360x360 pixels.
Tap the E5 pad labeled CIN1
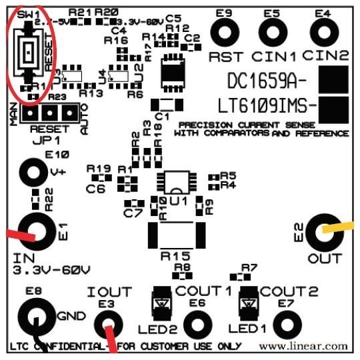point(271,31)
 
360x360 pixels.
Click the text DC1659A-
point(267,81)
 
